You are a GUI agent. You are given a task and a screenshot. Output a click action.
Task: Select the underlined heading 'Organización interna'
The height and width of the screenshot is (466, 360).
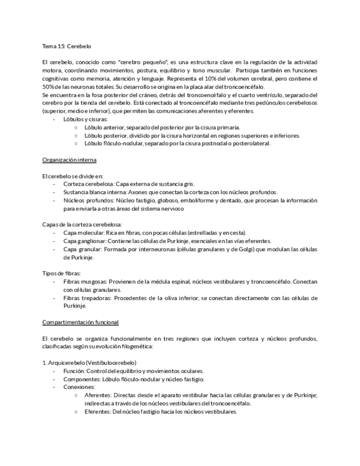tap(69, 160)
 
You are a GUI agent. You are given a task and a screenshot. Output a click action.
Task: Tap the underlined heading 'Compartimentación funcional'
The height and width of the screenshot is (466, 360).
tap(80, 322)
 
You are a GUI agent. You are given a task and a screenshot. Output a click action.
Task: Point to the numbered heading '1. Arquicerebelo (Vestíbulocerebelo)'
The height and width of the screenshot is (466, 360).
tap(90, 363)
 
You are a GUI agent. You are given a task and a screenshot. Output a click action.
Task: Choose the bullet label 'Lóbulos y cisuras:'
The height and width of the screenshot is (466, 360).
tap(86, 119)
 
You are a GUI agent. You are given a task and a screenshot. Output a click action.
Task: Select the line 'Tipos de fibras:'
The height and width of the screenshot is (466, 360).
tap(62, 273)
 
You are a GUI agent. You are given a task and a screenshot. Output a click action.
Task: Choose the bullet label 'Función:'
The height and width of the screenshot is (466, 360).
tap(75, 371)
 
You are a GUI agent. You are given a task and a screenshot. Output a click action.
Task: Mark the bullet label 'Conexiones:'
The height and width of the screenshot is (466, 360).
tap(79, 387)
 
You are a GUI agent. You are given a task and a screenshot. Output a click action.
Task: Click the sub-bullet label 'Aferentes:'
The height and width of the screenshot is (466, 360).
tap(99, 395)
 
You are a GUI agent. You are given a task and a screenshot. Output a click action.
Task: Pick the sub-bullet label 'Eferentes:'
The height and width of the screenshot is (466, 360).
tap(99, 412)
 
